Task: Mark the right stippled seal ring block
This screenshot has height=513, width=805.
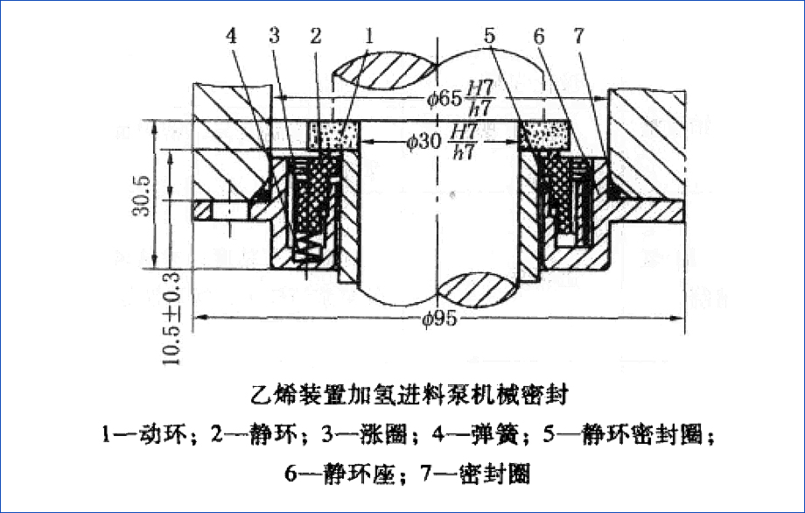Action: click(x=545, y=136)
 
